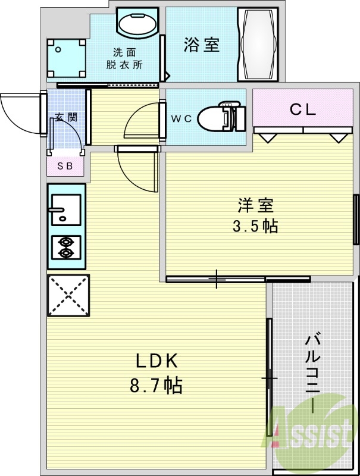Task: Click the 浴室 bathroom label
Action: pos(202,45)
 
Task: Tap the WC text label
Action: pos(181,118)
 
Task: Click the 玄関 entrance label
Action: pos(66,117)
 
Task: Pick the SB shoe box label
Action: pos(65,166)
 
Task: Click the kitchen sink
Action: pos(66,209)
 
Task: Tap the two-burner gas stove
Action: pos(66,248)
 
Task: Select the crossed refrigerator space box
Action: pos(68,296)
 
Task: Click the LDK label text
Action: pos(157,361)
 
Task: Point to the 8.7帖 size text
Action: pos(156,385)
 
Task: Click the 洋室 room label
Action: pos(256,206)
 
